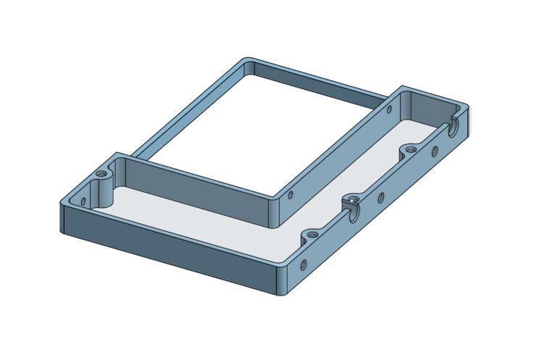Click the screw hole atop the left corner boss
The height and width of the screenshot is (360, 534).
click(101, 175)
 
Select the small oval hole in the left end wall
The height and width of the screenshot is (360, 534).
click(83, 203)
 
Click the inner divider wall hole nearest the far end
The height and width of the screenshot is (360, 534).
click(389, 110)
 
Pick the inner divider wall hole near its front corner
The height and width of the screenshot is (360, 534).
click(291, 195)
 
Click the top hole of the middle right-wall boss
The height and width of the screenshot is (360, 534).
click(352, 198)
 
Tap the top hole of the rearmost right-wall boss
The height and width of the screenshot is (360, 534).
click(410, 149)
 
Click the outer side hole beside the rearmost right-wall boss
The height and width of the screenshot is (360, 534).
click(435, 151)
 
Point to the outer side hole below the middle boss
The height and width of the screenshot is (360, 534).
click(380, 196)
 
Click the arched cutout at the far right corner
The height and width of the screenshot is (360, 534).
click(454, 126)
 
